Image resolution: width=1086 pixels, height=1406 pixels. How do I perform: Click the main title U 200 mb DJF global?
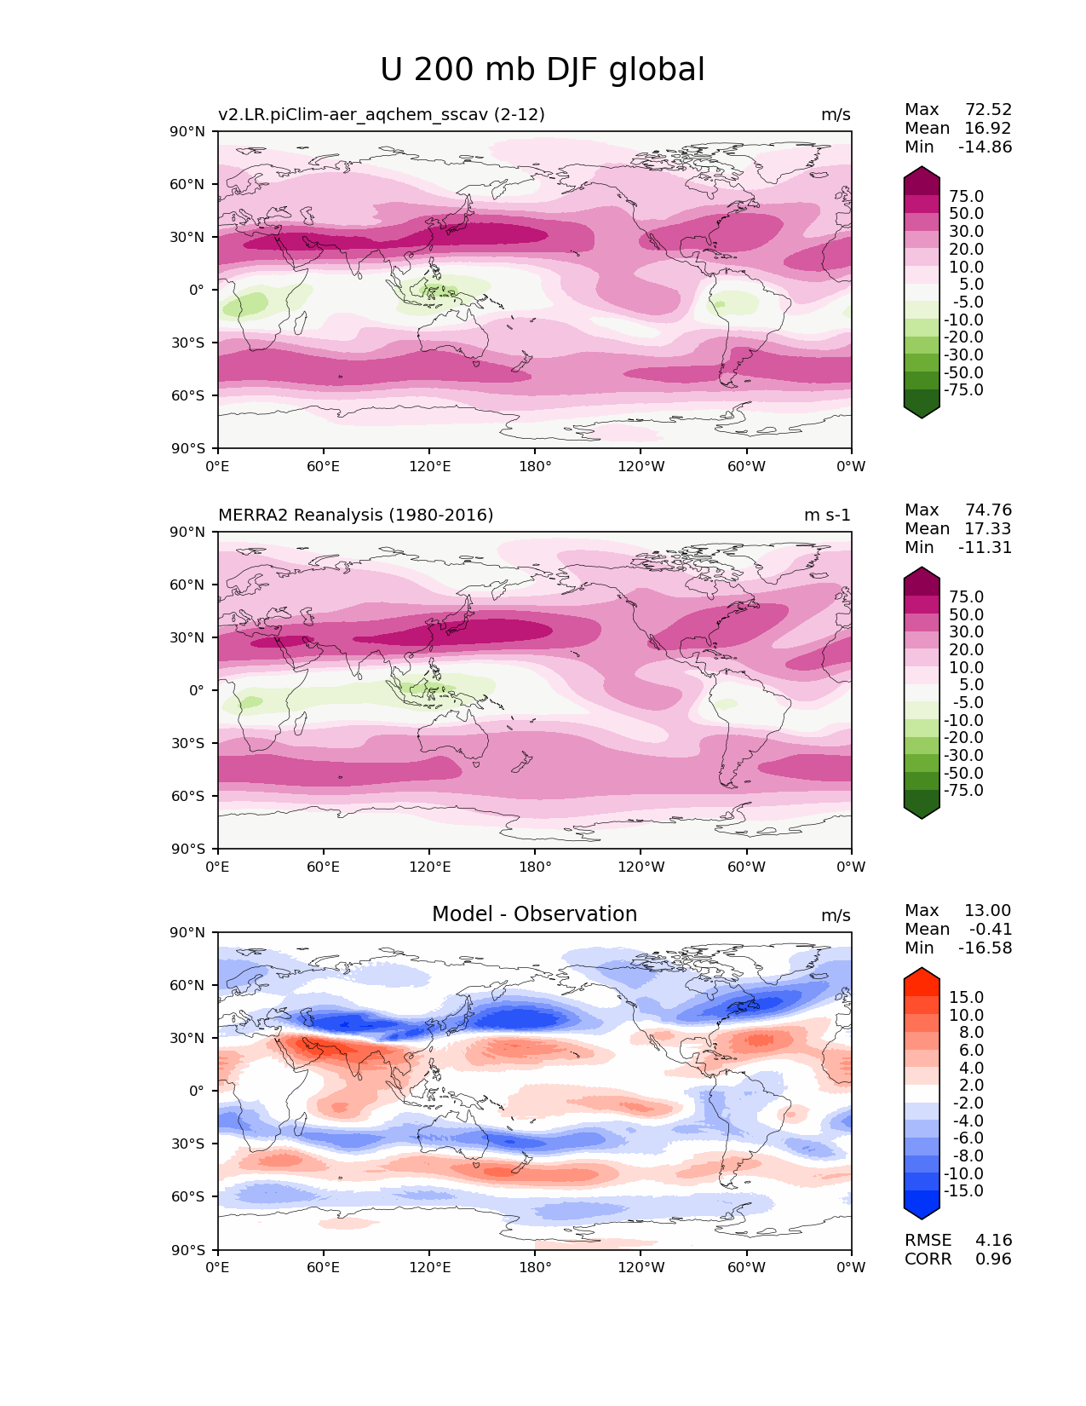tap(543, 70)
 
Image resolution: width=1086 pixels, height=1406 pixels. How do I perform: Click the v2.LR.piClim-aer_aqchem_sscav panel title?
tap(381, 114)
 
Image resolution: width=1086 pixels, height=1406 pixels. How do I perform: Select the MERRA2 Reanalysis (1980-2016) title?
tap(355, 515)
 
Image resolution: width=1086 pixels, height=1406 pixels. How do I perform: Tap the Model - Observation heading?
tap(534, 914)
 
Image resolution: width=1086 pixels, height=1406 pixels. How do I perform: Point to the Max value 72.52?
tap(988, 109)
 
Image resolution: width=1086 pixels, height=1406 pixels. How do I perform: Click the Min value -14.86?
tap(985, 147)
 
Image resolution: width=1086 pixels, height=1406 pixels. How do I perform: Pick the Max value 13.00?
tap(987, 910)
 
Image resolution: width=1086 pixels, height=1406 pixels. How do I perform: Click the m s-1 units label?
tap(827, 515)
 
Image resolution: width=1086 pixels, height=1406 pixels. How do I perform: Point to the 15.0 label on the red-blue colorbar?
tap(966, 997)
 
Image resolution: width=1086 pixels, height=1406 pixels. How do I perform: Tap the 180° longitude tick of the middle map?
tap(535, 867)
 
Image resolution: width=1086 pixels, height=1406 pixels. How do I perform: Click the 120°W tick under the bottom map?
tap(641, 1267)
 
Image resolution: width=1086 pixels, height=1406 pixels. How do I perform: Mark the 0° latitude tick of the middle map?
tap(197, 690)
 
